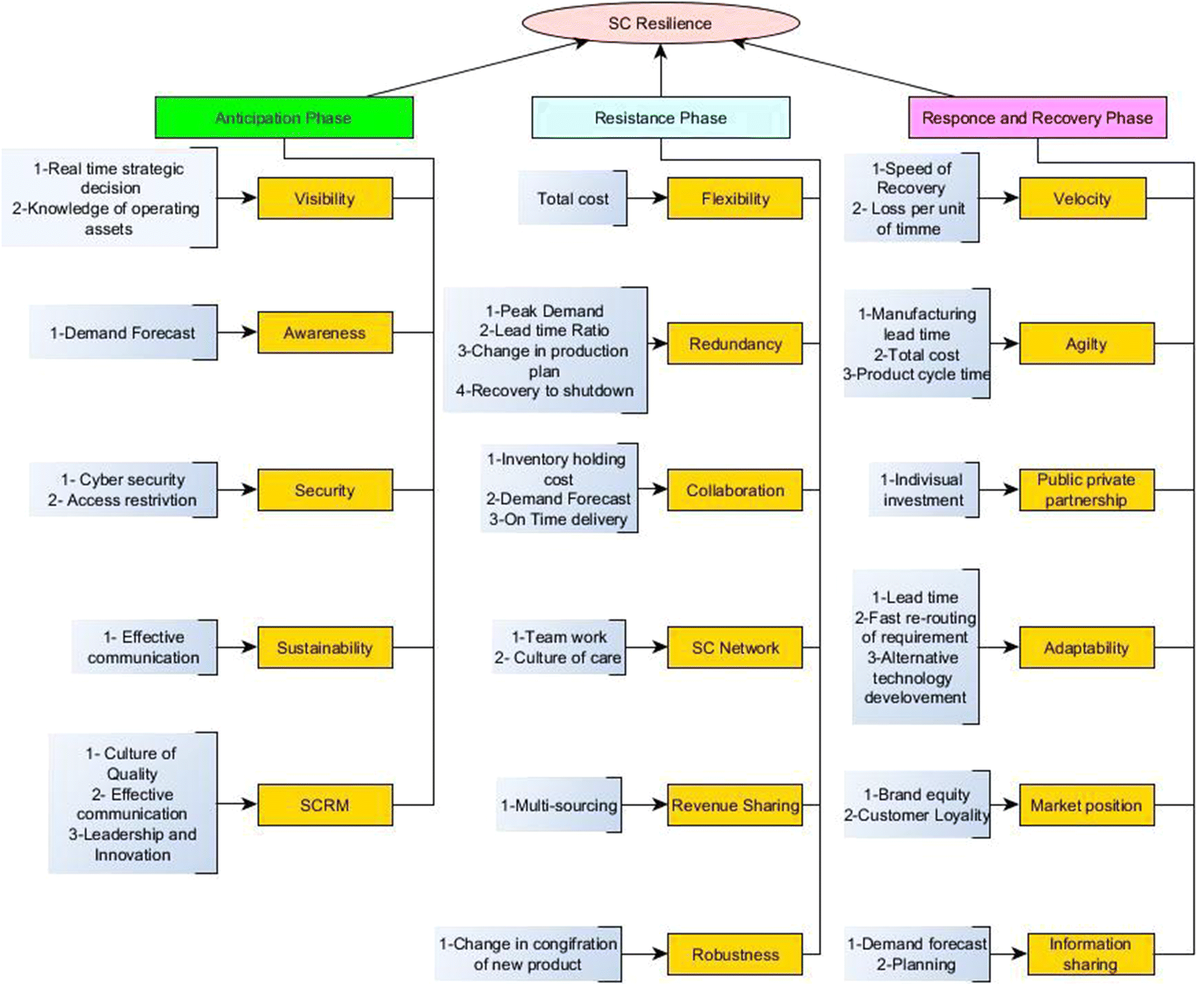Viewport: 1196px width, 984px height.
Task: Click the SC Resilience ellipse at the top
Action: coord(660,23)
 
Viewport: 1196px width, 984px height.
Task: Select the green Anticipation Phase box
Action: coord(284,118)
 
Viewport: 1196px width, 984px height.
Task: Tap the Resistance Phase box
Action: coord(660,118)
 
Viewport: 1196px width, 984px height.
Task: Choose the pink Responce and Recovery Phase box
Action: coord(1037,118)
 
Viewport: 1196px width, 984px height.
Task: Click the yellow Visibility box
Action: coord(325,198)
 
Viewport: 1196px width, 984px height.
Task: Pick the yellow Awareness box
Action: coord(325,333)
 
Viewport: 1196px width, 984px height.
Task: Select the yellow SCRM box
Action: coord(325,805)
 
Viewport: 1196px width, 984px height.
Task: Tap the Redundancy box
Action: coord(735,343)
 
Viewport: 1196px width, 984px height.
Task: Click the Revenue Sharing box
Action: coord(735,805)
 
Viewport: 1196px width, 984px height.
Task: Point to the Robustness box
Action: coord(735,954)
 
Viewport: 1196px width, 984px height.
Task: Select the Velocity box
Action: coord(1082,198)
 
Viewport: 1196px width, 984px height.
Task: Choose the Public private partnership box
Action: coord(1086,490)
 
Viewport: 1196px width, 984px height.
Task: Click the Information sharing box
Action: coord(1090,954)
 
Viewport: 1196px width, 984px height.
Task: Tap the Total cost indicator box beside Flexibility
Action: coord(572,198)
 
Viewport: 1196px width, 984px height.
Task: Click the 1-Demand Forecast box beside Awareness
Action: coord(122,333)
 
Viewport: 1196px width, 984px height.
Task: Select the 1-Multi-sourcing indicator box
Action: coord(559,805)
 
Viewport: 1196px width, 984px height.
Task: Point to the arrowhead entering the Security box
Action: coord(250,490)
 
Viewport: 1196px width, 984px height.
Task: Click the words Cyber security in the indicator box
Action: coord(132,480)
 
